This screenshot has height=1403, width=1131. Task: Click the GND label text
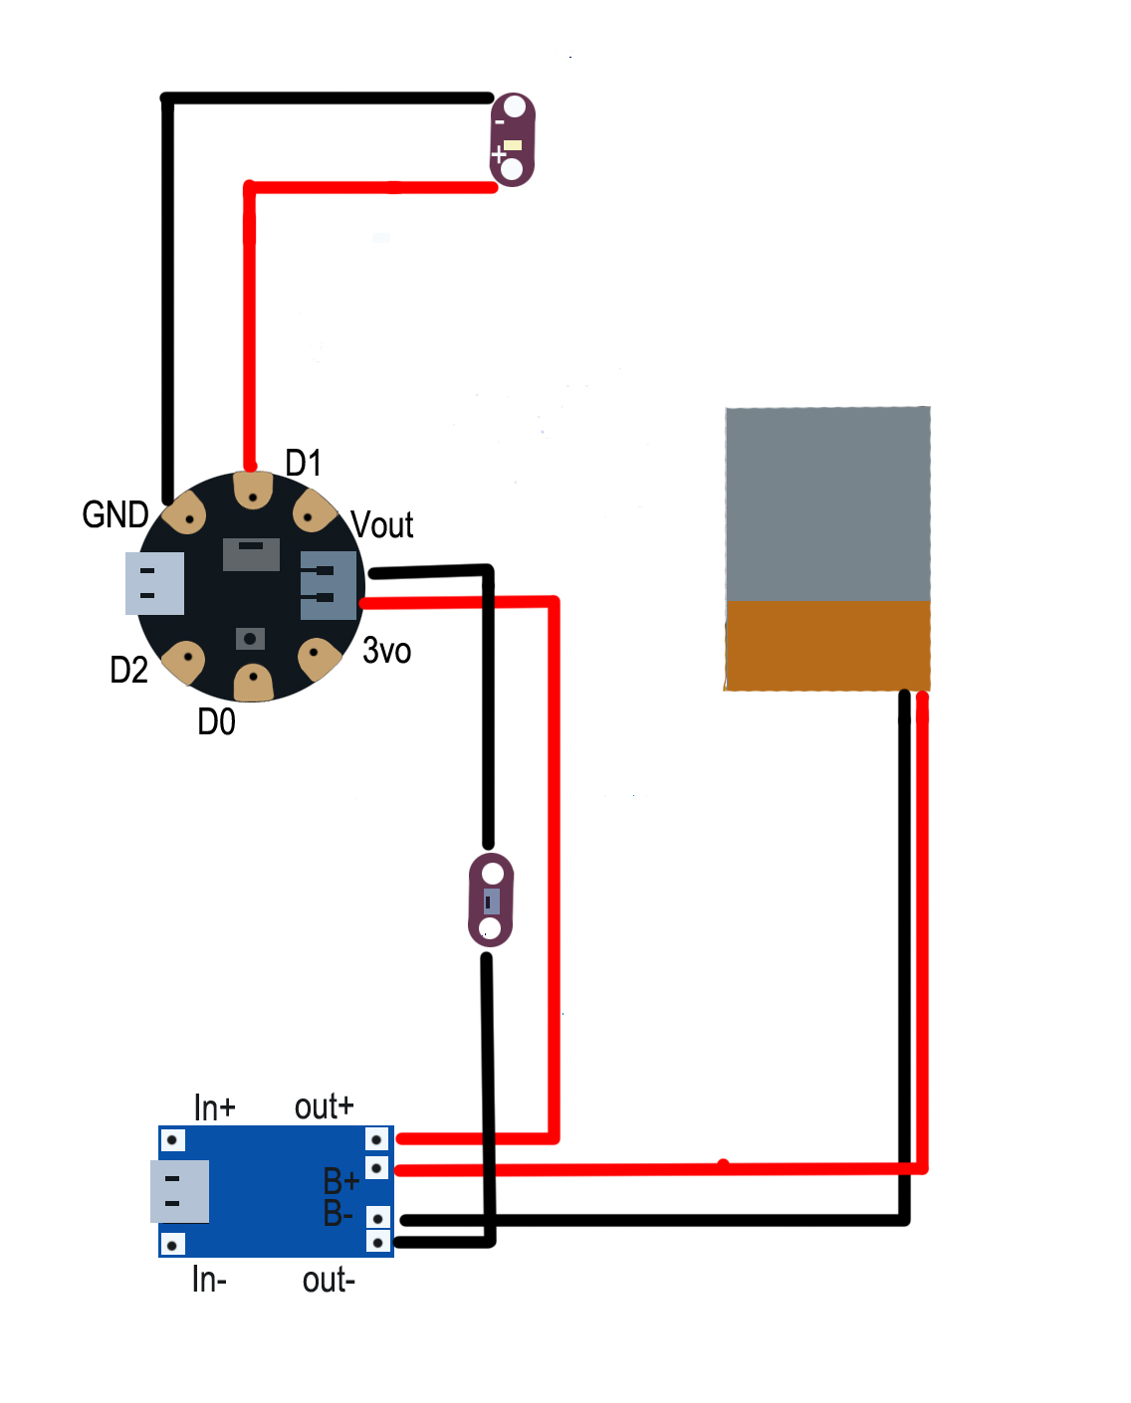(115, 515)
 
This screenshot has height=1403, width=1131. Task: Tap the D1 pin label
(304, 464)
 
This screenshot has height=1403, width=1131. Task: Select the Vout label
(382, 525)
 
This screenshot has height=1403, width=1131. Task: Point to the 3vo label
(387, 651)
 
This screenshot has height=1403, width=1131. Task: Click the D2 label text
(129, 671)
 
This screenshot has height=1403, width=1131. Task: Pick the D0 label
(217, 722)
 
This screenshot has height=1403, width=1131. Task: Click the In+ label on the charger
(214, 1107)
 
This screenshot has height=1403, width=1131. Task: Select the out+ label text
(325, 1106)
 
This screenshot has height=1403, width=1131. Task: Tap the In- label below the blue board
(209, 1280)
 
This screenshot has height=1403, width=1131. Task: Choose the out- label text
(329, 1280)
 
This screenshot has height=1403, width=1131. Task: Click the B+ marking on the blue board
(340, 1182)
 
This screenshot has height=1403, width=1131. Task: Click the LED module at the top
(513, 139)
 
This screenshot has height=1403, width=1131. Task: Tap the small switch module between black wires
(491, 901)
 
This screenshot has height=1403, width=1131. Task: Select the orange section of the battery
(827, 645)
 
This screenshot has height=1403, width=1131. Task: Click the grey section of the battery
(827, 503)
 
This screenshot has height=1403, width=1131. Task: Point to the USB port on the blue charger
(179, 1191)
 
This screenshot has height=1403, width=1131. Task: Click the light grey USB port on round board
(154, 583)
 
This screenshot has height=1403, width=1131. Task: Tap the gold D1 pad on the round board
(253, 491)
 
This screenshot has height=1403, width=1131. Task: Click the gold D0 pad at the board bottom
(253, 682)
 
